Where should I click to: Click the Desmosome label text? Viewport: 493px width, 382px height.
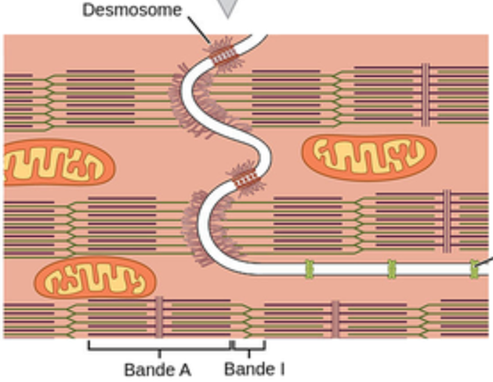pyautogui.click(x=132, y=10)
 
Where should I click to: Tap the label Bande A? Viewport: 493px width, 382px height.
pyautogui.click(x=158, y=369)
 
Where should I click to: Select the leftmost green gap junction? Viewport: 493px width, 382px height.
pyautogui.click(x=309, y=269)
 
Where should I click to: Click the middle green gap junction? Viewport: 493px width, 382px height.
pyautogui.click(x=391, y=269)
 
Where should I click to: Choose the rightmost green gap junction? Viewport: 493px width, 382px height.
pyautogui.click(x=474, y=269)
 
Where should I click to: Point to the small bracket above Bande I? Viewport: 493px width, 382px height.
pyautogui.click(x=249, y=346)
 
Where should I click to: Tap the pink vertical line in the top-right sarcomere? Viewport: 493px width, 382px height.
pyautogui.click(x=426, y=94)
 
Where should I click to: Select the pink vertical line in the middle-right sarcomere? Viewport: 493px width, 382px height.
pyautogui.click(x=447, y=221)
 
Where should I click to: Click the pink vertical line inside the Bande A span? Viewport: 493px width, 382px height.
pyautogui.click(x=159, y=317)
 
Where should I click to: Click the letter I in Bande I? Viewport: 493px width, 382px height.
pyautogui.click(x=281, y=368)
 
